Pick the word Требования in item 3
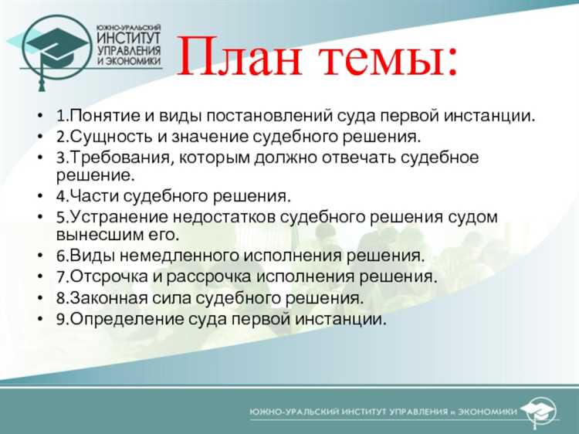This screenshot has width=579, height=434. [x=110, y=158]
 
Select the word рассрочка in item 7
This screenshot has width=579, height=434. [x=207, y=276]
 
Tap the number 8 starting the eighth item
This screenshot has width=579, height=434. [x=60, y=297]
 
